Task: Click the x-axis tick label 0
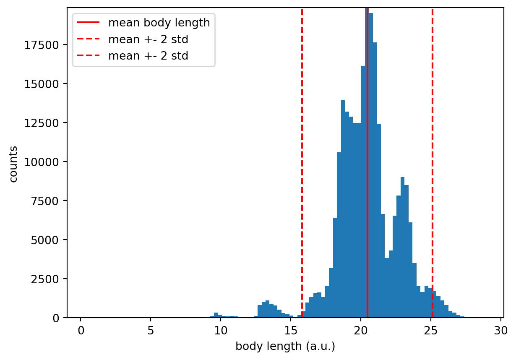81,330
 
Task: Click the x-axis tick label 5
151,330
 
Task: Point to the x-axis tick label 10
221,330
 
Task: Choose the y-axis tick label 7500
50,201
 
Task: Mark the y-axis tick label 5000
50,240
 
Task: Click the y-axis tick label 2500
50,279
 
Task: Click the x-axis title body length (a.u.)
285,347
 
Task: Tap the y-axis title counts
13,164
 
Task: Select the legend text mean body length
159,23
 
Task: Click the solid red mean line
367,168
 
